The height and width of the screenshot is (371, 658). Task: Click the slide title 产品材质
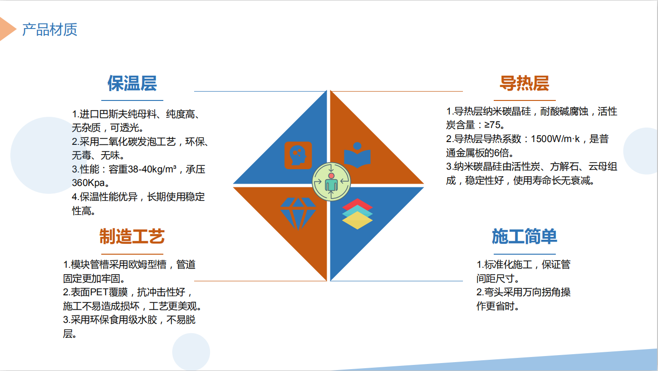49,30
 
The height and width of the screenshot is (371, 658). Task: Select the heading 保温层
132,83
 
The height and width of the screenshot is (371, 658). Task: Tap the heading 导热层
525,83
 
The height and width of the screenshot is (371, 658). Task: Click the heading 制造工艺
132,236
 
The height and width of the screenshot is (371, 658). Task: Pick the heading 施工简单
525,236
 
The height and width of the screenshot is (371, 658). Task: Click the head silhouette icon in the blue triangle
298,155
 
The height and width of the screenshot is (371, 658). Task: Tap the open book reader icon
357,155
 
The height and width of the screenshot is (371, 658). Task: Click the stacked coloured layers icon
357,214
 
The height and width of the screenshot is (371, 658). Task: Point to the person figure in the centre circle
331,182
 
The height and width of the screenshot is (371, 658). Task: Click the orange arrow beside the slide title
7,29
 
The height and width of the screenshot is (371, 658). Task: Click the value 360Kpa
89,183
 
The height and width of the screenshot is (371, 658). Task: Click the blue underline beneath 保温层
132,100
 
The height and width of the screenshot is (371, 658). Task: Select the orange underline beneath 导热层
525,100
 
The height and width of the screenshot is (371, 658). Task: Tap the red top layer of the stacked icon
357,203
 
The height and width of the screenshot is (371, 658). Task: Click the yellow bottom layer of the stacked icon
357,222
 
